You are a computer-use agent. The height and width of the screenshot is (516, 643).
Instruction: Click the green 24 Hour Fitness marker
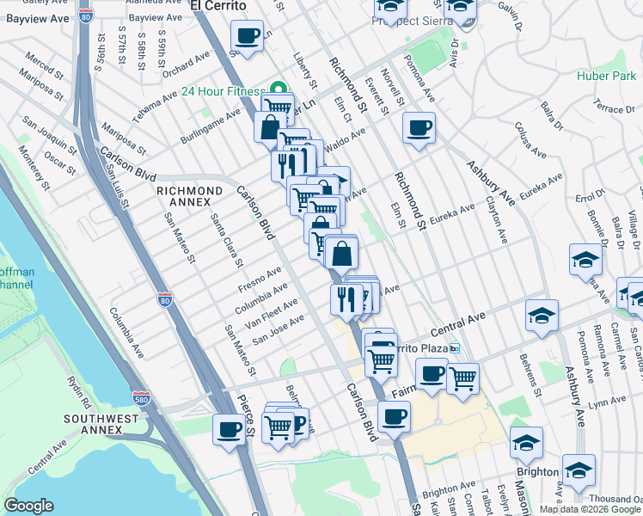coord(278,88)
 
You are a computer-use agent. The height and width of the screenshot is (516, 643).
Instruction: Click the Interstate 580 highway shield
coord(142,399)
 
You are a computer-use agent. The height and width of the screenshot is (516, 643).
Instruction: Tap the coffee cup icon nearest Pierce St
coord(229,428)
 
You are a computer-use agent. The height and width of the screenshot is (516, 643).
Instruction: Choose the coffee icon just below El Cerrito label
coord(247,36)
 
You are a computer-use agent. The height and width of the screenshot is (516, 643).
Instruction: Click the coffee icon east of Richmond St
coord(419,128)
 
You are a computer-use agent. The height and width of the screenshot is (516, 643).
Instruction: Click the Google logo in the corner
coord(28,506)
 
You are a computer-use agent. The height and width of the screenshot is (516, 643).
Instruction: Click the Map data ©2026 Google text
coord(590,509)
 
